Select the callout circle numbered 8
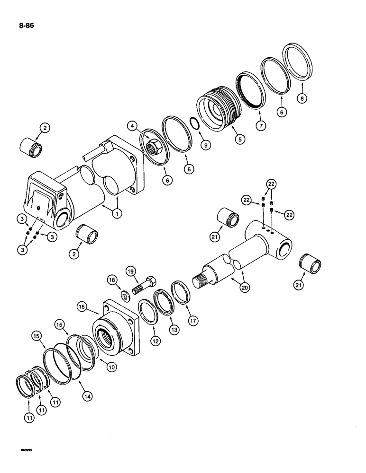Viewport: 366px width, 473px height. pos(302,99)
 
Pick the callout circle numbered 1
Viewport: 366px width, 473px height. pos(115,214)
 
